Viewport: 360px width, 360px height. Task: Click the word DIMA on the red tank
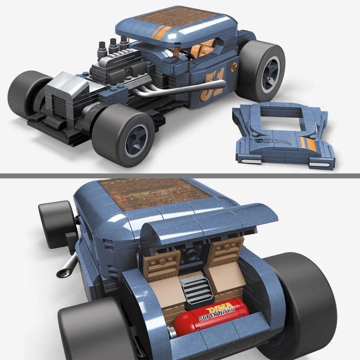[x=217, y=309]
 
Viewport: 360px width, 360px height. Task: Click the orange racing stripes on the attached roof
[x=161, y=32]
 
